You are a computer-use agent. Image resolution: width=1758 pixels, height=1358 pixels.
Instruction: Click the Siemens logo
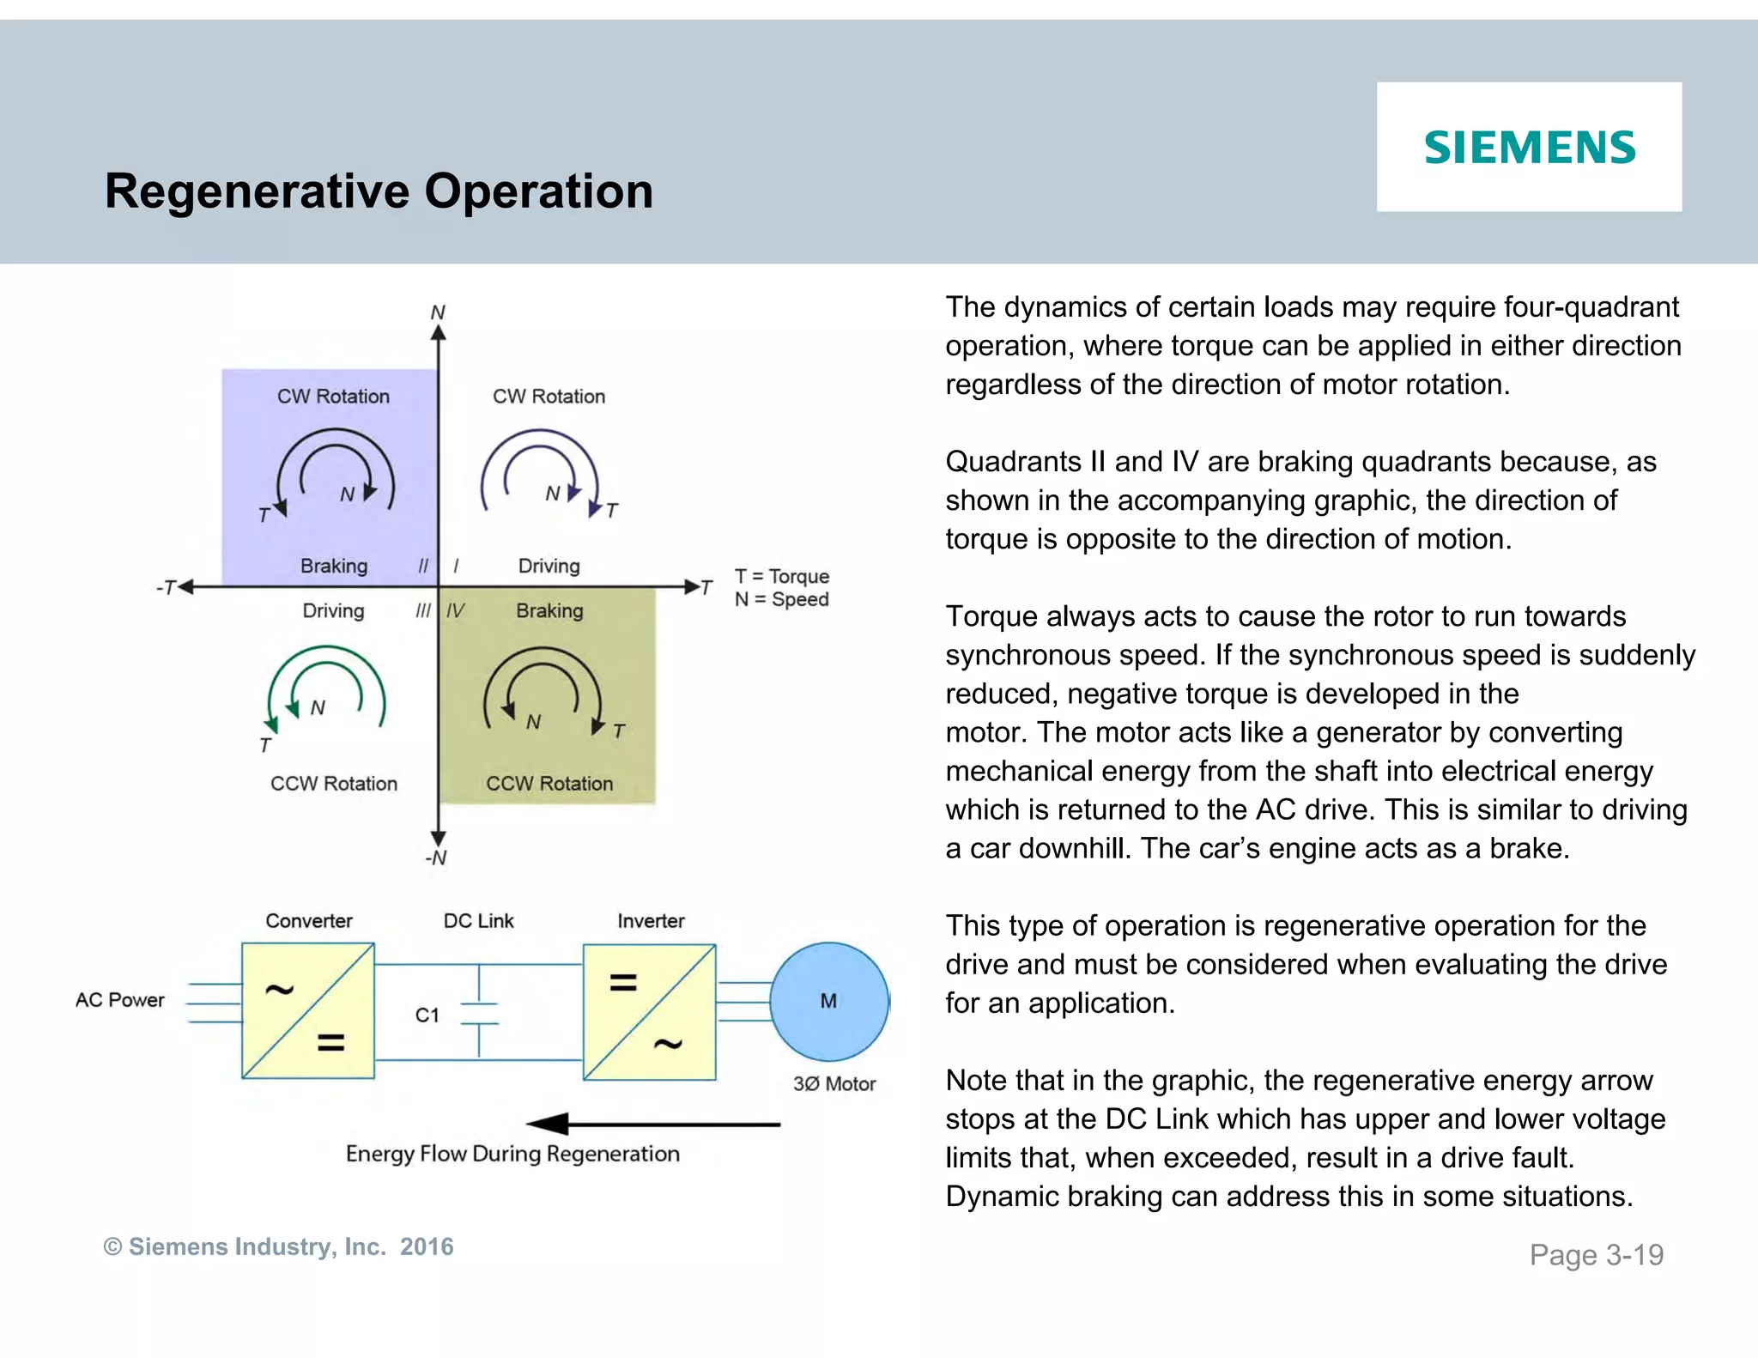point(1529,147)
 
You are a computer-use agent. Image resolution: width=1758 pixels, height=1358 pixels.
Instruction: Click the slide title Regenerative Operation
point(379,191)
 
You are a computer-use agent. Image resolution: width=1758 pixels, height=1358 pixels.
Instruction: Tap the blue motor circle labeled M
point(828,1001)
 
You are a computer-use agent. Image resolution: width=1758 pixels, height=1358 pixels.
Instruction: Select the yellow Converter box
point(308,1011)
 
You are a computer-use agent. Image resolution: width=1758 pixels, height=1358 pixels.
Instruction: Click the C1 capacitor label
point(427,1015)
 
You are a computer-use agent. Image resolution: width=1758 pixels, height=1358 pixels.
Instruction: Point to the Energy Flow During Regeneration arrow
point(652,1124)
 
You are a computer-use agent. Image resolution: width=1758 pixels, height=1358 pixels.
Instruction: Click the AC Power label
point(119,1000)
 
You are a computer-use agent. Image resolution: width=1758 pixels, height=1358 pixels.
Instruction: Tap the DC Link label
point(478,921)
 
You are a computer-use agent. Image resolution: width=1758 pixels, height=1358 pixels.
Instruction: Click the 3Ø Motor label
point(834,1084)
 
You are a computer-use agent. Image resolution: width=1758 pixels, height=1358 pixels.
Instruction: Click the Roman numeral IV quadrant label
point(455,611)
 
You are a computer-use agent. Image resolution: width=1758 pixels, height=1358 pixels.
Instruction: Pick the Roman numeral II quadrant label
point(422,567)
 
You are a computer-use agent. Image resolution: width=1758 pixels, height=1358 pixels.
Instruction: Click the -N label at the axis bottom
point(436,858)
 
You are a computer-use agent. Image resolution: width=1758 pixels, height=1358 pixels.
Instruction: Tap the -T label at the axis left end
point(166,588)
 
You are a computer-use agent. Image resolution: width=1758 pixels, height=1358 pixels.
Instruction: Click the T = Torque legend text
point(781,577)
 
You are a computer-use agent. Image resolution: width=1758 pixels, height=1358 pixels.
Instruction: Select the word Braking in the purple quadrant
point(334,567)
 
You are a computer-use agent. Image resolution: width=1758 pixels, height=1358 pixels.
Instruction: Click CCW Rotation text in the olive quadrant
point(549,784)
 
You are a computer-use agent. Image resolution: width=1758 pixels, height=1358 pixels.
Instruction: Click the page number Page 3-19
point(1596,1255)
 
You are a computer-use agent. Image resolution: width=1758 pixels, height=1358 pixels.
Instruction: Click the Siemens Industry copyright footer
point(278,1246)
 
